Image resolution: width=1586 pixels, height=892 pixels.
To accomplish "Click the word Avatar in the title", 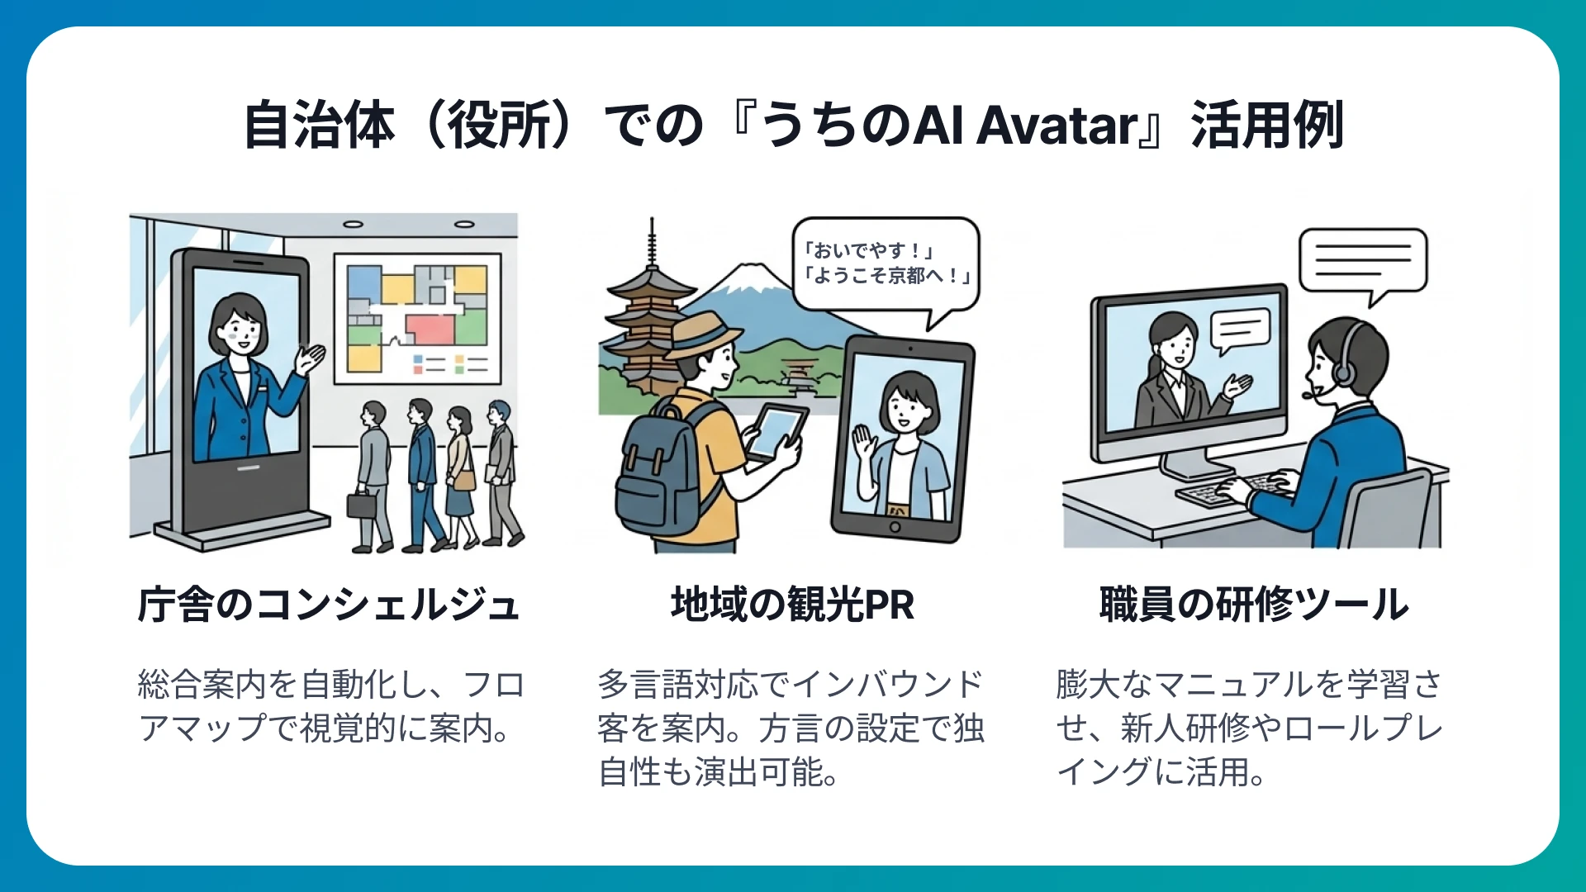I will (x=1058, y=126).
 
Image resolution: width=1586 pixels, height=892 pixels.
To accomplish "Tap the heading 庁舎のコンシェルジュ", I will (x=329, y=605).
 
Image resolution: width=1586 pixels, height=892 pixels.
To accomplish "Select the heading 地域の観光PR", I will (x=792, y=605).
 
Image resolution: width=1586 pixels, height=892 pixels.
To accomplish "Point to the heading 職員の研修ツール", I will (x=1253, y=605).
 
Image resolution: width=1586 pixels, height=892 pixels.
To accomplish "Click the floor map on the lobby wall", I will (x=417, y=318).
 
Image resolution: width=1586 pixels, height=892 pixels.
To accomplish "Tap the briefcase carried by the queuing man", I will (x=361, y=504).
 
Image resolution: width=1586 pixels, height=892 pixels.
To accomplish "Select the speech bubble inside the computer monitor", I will (x=1239, y=329).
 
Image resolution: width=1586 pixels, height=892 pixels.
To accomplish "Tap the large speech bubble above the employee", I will (x=1363, y=261).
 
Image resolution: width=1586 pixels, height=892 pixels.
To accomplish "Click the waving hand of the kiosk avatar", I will (x=312, y=358).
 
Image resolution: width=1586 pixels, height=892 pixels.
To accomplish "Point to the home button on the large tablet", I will (x=895, y=528).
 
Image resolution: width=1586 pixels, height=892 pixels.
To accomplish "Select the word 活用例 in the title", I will (x=1267, y=126).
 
